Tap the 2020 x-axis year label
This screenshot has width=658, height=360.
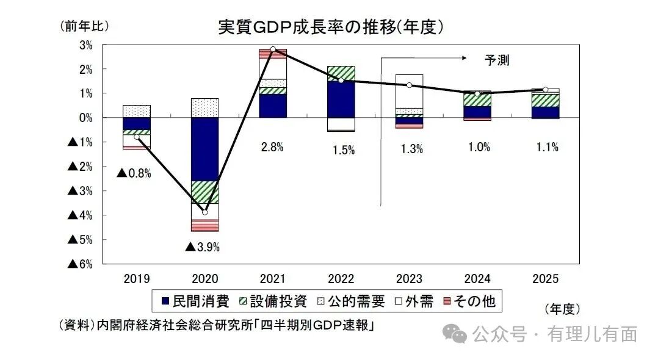coord(204,279)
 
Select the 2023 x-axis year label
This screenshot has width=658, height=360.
coord(409,279)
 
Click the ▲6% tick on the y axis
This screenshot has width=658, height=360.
coord(79,264)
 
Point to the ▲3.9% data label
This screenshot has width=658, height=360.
coord(202,247)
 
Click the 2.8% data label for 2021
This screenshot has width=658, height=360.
coord(272,147)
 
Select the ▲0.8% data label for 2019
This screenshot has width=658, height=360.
coord(134,173)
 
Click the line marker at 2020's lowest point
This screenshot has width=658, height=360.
coord(204,212)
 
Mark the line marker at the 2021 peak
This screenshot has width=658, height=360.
coord(273,49)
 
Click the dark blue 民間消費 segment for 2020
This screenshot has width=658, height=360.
coord(204,149)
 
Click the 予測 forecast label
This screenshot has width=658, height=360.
coord(496,60)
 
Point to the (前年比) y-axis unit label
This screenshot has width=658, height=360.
coord(85,26)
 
